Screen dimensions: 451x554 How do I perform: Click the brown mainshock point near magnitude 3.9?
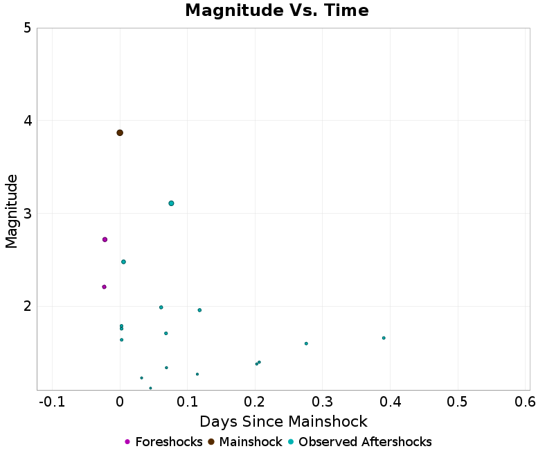[120, 133]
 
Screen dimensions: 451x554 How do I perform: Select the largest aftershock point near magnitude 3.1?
[171, 203]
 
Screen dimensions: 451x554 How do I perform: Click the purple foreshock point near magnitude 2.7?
[105, 239]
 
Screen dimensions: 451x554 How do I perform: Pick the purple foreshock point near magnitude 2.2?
[104, 287]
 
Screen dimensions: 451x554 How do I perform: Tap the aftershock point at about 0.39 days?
[384, 338]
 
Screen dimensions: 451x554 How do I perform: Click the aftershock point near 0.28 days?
[306, 343]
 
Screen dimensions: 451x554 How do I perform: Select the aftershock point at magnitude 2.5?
[123, 262]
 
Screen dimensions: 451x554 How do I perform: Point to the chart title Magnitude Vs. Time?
[276, 11]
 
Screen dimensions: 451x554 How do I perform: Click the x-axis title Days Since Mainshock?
[283, 421]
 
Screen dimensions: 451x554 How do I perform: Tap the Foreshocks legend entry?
[163, 442]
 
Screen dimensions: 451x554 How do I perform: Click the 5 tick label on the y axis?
[26, 28]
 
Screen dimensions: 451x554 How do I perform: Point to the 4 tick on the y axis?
[26, 121]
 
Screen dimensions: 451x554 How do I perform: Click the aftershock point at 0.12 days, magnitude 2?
[199, 310]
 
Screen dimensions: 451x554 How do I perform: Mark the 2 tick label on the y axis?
[26, 306]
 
